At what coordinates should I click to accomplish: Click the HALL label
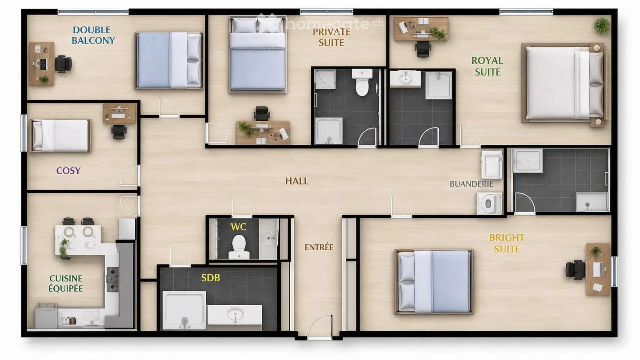pos(296,181)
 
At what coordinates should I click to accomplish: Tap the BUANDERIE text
pos(472,184)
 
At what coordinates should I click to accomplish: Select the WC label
pos(238,227)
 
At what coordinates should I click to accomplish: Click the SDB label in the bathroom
pos(211,278)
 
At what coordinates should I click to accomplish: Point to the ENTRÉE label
pos(319,247)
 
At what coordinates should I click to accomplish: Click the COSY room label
pos(68,171)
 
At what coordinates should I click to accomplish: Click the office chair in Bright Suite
pos(575,270)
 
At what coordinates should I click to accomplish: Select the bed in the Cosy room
pos(60,136)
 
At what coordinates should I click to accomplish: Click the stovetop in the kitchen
pos(112,279)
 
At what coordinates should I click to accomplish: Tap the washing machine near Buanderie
pos(489,203)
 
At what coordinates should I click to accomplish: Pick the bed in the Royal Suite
pos(564,83)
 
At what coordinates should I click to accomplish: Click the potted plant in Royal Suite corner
pos(602,25)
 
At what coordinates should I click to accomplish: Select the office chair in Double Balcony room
pos(63,64)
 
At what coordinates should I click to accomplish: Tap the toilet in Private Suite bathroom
pos(362,82)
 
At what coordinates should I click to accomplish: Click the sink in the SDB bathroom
pos(235,314)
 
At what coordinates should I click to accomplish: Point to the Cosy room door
pos(130,176)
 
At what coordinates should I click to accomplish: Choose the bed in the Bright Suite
pos(434,282)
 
